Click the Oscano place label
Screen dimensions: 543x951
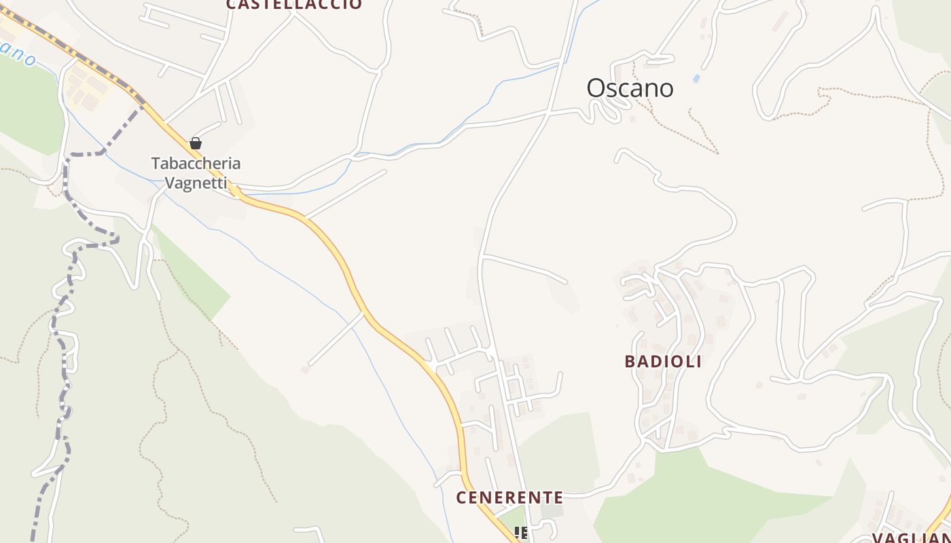pyautogui.click(x=630, y=88)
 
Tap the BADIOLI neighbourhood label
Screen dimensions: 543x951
pyautogui.click(x=662, y=361)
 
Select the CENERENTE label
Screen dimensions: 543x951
pyautogui.click(x=509, y=498)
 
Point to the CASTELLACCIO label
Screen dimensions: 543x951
pyautogui.click(x=293, y=4)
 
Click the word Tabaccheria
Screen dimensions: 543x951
pyautogui.click(x=196, y=164)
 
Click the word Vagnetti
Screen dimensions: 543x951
pyautogui.click(x=196, y=183)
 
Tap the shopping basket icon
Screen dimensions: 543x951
pyautogui.click(x=196, y=143)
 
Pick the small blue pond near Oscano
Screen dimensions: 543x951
pyautogui.click(x=696, y=79)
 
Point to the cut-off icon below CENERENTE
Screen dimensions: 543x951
pyautogui.click(x=520, y=533)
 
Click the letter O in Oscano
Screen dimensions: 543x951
pyautogui.click(x=595, y=88)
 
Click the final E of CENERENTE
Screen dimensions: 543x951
pyautogui.click(x=558, y=498)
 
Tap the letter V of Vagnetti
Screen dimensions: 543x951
pyautogui.click(x=171, y=183)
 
